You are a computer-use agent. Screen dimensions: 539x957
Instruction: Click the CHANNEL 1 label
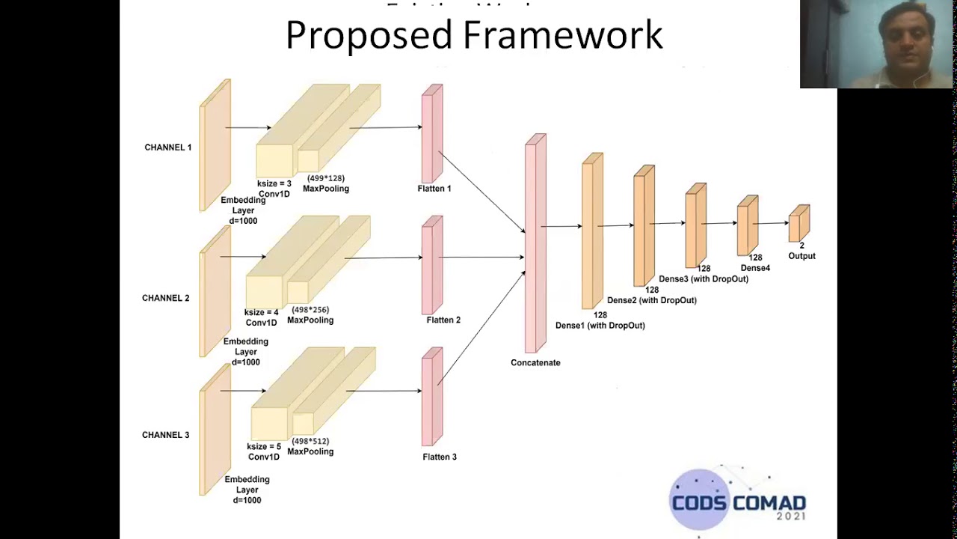point(167,147)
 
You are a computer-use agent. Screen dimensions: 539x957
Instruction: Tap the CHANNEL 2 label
point(165,298)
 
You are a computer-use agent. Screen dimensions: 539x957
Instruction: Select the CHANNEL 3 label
point(165,435)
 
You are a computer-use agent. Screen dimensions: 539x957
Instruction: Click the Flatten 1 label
point(434,189)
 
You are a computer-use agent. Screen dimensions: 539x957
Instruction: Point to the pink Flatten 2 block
point(432,265)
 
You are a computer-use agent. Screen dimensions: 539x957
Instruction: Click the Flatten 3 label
point(440,457)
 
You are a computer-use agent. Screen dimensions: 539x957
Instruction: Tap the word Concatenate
point(535,362)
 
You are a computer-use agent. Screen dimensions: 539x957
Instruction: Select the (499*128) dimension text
point(326,178)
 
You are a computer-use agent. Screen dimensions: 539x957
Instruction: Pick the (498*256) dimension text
point(310,310)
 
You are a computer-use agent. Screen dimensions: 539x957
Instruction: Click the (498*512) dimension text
point(310,442)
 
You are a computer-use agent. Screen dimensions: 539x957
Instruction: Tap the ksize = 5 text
point(264,447)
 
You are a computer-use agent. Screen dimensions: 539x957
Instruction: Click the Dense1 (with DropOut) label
point(600,326)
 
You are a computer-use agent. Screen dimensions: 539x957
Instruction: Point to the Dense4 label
point(755,268)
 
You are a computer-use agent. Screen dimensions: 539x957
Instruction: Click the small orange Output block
point(798,224)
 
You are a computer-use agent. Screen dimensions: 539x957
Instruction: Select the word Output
point(801,256)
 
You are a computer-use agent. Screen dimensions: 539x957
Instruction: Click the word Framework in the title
point(563,35)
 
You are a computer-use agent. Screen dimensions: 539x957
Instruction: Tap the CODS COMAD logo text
point(739,502)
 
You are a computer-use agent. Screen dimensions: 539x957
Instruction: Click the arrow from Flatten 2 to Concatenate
point(482,258)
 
